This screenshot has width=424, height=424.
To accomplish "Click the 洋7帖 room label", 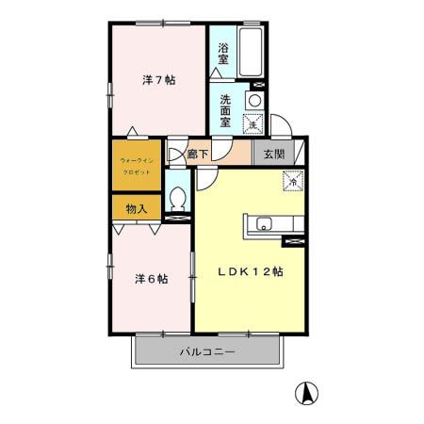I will [x=158, y=80].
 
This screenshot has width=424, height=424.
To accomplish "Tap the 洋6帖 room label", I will [x=151, y=279].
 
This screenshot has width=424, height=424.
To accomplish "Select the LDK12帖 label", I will [x=252, y=271].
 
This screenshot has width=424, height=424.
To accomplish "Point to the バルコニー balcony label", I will [x=207, y=351].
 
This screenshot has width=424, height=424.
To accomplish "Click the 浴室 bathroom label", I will [x=224, y=54].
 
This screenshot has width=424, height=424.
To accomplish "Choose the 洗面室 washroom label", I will [x=226, y=109].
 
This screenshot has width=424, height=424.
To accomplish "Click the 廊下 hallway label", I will [x=199, y=154].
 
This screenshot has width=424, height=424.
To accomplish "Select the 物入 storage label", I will [x=137, y=208].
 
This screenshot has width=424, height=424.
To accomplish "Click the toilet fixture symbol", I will [x=177, y=199].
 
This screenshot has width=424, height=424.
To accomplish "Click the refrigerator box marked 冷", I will [x=292, y=180].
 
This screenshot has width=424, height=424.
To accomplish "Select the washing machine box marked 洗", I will [x=253, y=122].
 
